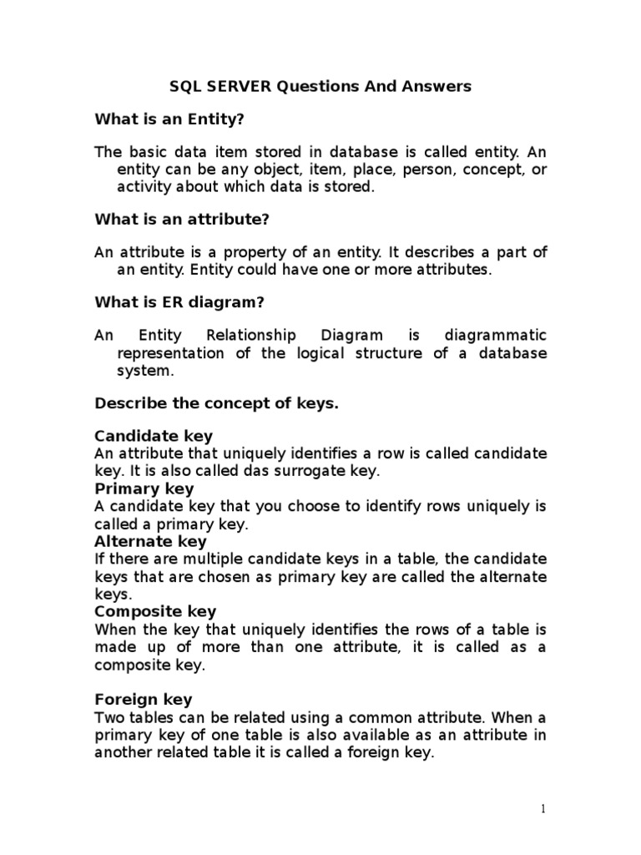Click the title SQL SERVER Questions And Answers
[x=320, y=86]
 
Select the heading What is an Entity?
[x=169, y=120]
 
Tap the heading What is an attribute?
[x=182, y=220]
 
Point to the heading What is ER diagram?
[x=179, y=301]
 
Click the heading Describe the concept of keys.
[x=217, y=403]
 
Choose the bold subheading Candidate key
[x=154, y=436]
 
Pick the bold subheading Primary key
[x=144, y=488]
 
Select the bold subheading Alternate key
[x=150, y=541]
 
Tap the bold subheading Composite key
[x=155, y=611]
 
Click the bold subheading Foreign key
[x=144, y=699]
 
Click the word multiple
[x=209, y=559]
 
